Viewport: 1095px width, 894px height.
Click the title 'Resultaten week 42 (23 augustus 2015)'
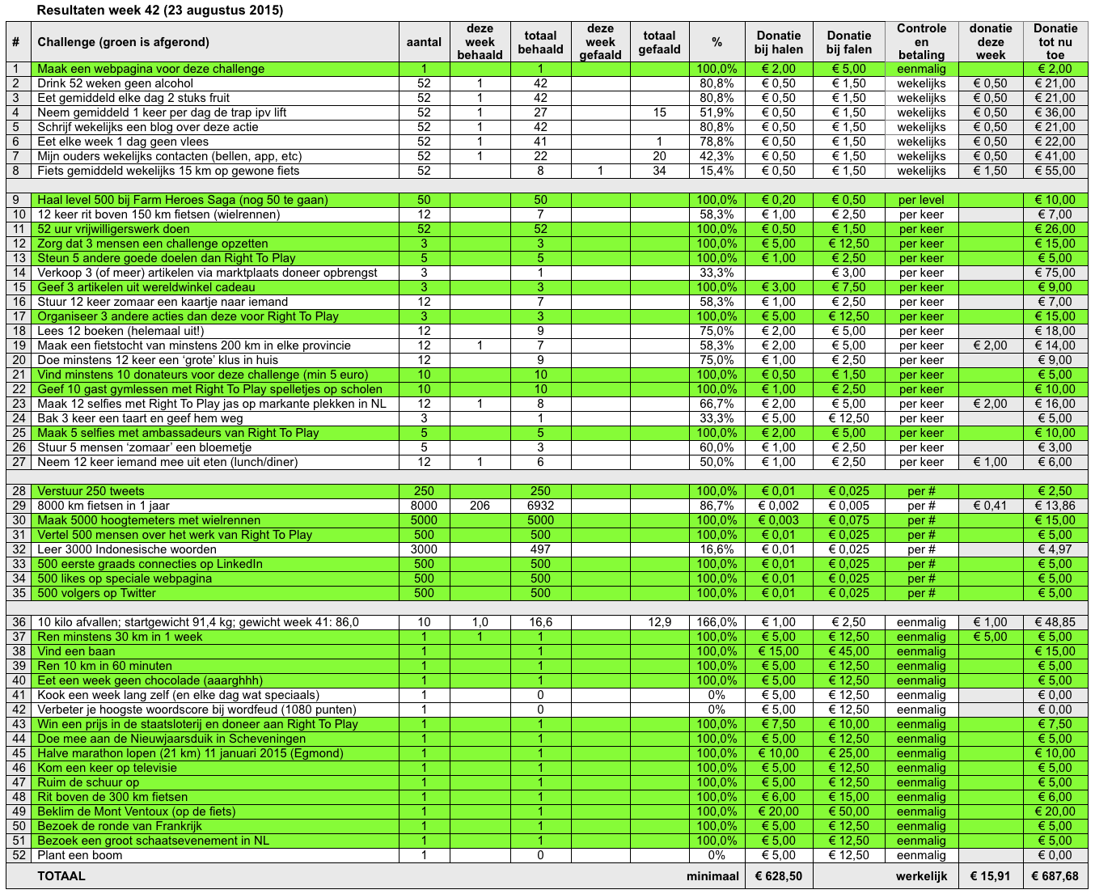click(x=160, y=11)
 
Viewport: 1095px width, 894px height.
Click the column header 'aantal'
click(x=424, y=42)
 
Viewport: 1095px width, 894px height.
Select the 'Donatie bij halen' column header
click(x=779, y=42)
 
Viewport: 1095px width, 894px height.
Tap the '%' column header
click(x=717, y=42)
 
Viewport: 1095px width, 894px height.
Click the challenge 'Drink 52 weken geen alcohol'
click(x=116, y=83)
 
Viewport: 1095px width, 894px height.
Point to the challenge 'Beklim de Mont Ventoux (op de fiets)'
click(x=137, y=811)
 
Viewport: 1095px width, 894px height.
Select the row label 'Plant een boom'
click(x=80, y=855)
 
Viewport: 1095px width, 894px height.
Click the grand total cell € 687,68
click(x=1055, y=876)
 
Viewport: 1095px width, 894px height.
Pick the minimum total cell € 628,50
click(x=779, y=876)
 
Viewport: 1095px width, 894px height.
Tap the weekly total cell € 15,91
click(x=990, y=876)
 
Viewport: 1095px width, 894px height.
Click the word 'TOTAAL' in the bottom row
click(x=61, y=876)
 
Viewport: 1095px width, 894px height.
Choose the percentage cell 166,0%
click(x=717, y=622)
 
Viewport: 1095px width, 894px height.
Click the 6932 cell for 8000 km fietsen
click(x=540, y=506)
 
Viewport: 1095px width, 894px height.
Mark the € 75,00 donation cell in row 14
click(x=1055, y=273)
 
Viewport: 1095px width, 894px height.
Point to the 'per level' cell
click(x=921, y=200)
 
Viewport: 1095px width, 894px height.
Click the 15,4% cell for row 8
click(x=717, y=171)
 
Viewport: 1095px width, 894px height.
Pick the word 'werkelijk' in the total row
click(x=921, y=876)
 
